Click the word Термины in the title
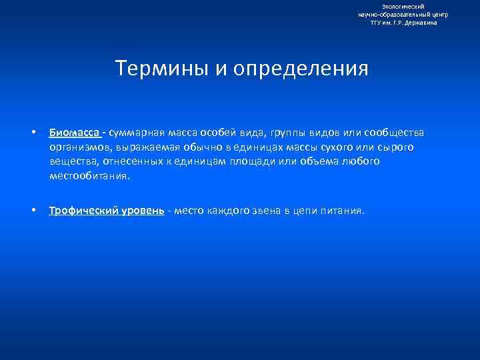157,69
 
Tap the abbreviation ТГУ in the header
378,23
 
